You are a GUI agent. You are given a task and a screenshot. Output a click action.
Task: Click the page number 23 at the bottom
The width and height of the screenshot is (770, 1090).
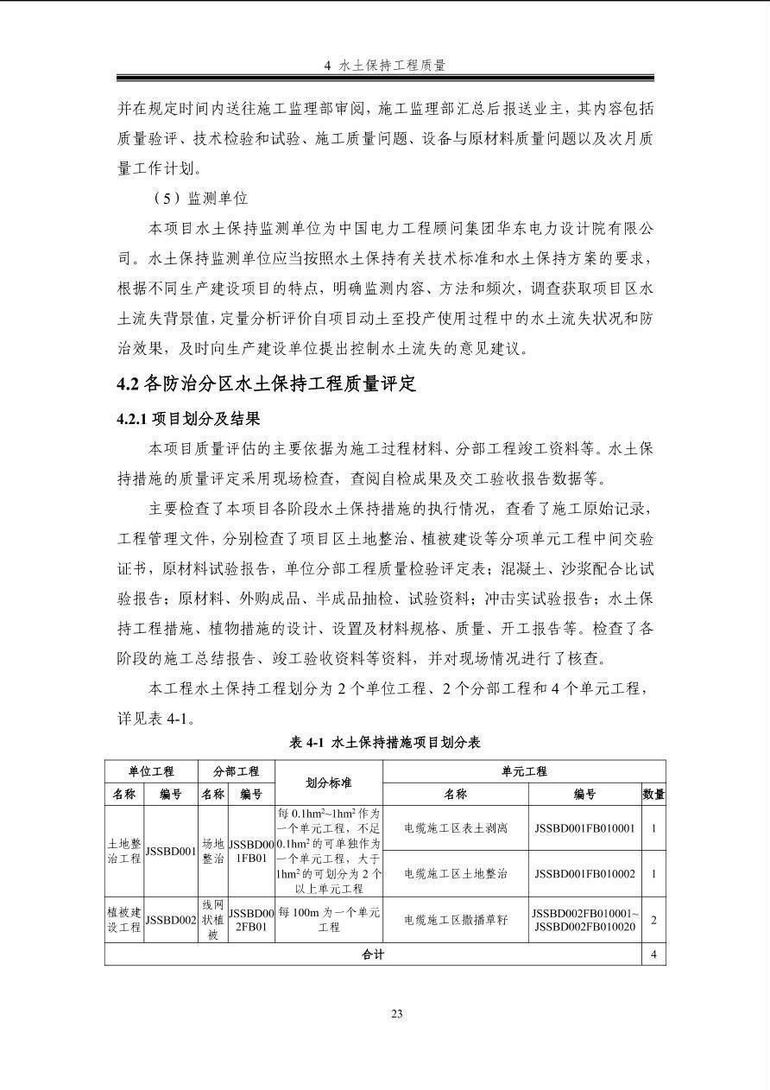(x=396, y=1014)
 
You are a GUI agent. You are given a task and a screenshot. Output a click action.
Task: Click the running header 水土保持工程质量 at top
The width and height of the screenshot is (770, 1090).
(x=385, y=65)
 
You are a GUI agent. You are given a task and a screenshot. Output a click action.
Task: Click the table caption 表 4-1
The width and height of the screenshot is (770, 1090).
(x=385, y=742)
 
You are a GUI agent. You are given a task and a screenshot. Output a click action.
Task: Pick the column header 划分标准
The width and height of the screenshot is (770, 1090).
(x=328, y=783)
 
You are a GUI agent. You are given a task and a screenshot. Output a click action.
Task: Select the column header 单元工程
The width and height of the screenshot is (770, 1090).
(x=524, y=771)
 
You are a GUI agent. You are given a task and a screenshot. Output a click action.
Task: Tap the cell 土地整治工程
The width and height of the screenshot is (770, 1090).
(x=124, y=851)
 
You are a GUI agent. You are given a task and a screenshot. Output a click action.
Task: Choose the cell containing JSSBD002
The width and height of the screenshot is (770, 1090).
(x=172, y=920)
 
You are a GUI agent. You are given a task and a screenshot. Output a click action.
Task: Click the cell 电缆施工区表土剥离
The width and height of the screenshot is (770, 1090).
(x=456, y=828)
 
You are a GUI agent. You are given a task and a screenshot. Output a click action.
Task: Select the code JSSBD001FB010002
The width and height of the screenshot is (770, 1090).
(x=584, y=873)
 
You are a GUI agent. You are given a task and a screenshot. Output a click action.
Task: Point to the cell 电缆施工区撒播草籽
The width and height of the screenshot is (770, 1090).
(x=456, y=920)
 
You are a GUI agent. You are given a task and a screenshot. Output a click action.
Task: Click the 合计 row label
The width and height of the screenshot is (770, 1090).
(x=373, y=954)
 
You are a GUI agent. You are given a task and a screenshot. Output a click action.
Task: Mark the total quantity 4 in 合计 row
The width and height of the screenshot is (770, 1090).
(x=653, y=954)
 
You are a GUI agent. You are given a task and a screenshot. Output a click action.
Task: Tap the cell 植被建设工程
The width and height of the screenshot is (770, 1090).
(x=124, y=920)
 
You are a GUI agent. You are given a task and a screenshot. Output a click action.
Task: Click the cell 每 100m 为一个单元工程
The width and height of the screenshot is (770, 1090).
(x=328, y=920)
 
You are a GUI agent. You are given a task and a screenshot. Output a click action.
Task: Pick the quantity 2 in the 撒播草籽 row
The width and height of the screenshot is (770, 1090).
(x=653, y=920)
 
